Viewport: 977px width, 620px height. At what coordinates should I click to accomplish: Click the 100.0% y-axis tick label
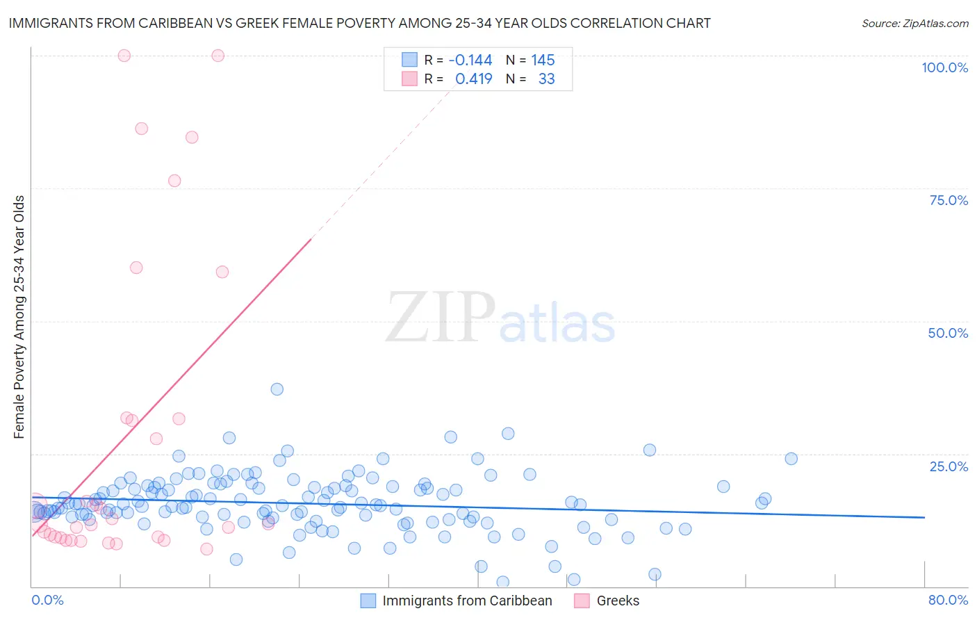tap(944, 67)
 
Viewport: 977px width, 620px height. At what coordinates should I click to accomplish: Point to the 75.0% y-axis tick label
tap(949, 200)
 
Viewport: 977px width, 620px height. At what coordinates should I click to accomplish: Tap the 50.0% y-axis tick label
tap(948, 333)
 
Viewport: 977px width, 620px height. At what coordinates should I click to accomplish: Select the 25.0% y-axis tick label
tap(949, 466)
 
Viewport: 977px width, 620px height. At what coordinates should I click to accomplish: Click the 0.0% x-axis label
tap(47, 600)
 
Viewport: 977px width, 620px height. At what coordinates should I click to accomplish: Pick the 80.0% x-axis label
tap(948, 600)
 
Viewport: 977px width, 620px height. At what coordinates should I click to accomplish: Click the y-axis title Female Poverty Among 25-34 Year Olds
tap(19, 317)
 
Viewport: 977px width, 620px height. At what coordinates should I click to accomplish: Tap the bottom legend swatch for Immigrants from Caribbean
tap(368, 601)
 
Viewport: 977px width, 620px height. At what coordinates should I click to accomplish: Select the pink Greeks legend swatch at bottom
tap(582, 601)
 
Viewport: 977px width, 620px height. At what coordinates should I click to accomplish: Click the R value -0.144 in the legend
tap(470, 60)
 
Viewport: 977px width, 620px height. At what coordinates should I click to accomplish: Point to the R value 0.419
tap(473, 79)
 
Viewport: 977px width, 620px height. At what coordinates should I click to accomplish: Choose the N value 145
tap(543, 60)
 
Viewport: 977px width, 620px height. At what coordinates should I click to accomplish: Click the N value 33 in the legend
tap(546, 79)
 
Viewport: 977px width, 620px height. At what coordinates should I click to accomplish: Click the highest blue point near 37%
tap(277, 389)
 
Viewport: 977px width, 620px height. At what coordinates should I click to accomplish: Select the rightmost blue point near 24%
tap(791, 459)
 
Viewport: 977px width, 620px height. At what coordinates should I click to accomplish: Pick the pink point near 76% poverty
tap(174, 181)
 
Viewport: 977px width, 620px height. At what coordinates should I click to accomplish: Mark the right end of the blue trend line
tap(924, 517)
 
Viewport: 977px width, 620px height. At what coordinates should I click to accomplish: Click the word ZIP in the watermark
tap(440, 318)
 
